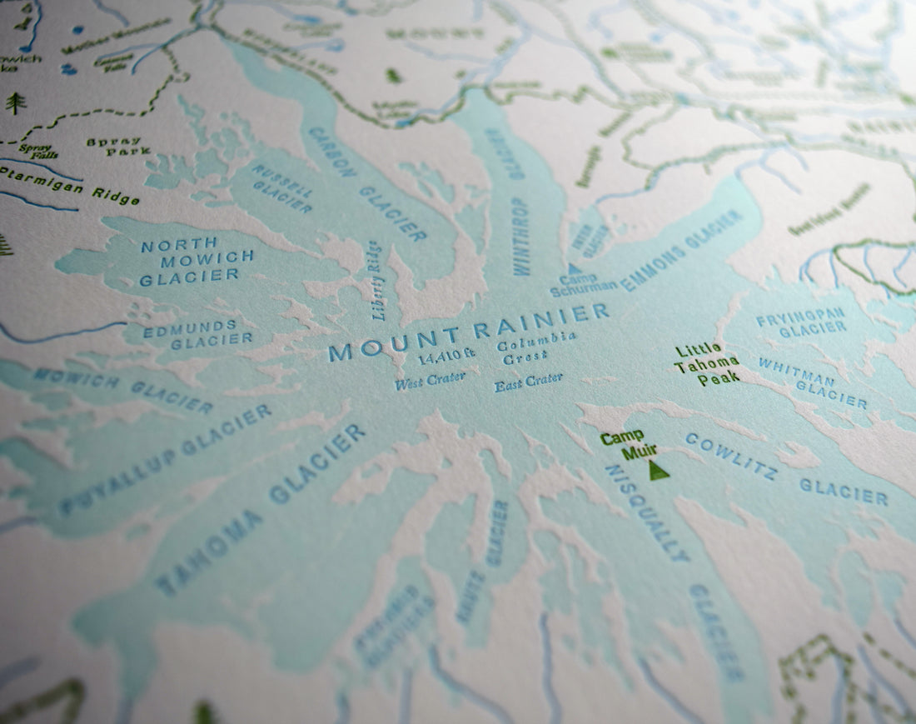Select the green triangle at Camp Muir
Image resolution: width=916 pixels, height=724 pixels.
pos(659,471)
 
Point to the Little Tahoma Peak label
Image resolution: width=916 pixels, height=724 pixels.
pos(706,364)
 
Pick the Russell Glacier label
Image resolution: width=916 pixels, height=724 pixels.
pos(282,188)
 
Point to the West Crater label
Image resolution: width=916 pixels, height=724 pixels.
pos(430,382)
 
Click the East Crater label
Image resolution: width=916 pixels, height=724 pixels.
pos(528,382)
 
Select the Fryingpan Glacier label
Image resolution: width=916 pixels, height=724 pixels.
pos(801,322)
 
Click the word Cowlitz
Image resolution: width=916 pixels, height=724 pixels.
pos(730,456)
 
